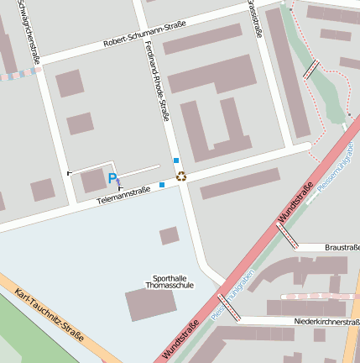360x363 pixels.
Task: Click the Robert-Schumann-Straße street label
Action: (x=144, y=39)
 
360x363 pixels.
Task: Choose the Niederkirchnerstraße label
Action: (x=326, y=322)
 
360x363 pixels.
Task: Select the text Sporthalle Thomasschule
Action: (x=170, y=281)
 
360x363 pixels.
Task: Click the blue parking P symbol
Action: (x=112, y=178)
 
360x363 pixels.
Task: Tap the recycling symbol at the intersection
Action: (x=181, y=176)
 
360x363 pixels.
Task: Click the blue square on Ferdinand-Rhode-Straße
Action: (x=175, y=160)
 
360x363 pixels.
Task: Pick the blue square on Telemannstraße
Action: (x=161, y=185)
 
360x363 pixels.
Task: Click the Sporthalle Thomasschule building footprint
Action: (x=152, y=304)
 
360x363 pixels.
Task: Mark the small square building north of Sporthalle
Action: (x=170, y=235)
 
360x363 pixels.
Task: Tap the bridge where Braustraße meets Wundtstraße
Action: (x=287, y=236)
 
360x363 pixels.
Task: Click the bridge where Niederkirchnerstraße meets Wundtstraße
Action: (x=228, y=308)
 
